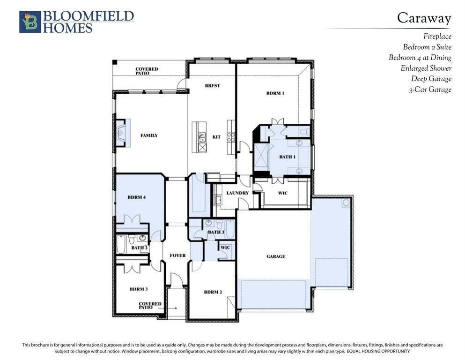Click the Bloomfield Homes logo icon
30,22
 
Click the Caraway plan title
424,18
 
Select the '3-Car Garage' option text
430,90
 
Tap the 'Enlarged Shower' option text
426,68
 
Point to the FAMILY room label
149,135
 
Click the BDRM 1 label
275,93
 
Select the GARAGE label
276,256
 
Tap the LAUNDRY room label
237,193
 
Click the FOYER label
177,255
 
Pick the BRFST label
212,85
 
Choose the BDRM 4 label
136,197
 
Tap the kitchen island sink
202,137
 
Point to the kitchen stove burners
231,137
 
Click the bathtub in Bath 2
121,244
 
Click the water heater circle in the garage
346,203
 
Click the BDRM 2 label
213,292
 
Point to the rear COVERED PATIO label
147,71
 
